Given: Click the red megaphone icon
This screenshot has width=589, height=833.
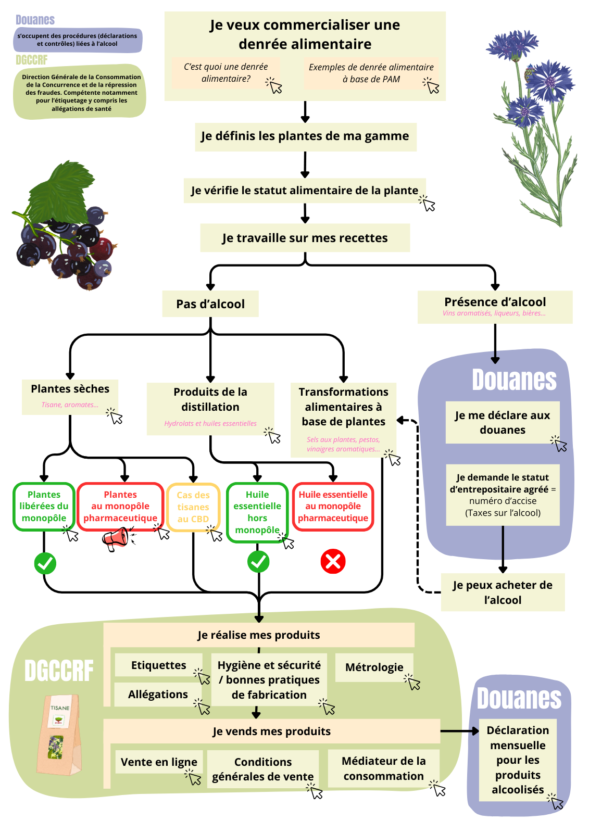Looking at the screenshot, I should point(116,538).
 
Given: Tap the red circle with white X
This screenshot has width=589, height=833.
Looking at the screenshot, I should point(333,561).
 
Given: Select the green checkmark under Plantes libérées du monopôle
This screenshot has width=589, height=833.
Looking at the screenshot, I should point(45,563).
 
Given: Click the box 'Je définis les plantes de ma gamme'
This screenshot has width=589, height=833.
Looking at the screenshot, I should point(305,136).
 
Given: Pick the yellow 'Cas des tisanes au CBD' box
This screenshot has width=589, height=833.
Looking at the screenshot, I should point(193,507).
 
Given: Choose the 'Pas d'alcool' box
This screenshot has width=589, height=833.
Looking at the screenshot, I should point(210,304).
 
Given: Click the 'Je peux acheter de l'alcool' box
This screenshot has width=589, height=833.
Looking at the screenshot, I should point(503,592).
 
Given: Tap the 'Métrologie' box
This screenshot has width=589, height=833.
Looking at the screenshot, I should point(374,667).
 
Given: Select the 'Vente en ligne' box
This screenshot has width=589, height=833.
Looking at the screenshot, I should point(159,762).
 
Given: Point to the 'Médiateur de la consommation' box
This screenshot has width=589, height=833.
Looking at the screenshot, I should point(384,768).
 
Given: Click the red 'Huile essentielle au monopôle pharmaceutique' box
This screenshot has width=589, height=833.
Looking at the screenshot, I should point(333,507).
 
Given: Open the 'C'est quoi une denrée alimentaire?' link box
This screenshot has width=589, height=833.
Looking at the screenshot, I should point(226,73).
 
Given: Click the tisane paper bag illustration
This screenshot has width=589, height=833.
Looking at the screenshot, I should point(58,734).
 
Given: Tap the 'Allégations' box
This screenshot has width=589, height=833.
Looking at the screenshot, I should point(158,695).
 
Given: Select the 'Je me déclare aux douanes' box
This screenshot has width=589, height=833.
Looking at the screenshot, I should point(503,422).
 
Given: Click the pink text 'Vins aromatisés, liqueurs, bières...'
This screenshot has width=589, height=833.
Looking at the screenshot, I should point(494,313).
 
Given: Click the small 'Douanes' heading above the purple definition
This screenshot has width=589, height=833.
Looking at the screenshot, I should point(35,20).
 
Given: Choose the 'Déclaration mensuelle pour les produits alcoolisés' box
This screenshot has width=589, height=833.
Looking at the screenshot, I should point(518,760).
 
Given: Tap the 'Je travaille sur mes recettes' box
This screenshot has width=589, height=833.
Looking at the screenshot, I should point(305,238).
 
